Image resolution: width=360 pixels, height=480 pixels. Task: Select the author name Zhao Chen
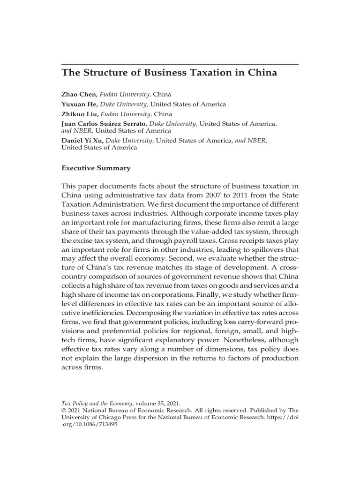[79, 94]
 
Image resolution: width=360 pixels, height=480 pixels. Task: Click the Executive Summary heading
[96, 168]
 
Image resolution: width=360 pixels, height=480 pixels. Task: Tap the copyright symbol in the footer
[64, 410]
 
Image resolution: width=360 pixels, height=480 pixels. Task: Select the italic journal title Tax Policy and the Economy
[97, 403]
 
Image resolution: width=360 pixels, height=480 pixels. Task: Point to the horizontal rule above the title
[180, 64]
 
